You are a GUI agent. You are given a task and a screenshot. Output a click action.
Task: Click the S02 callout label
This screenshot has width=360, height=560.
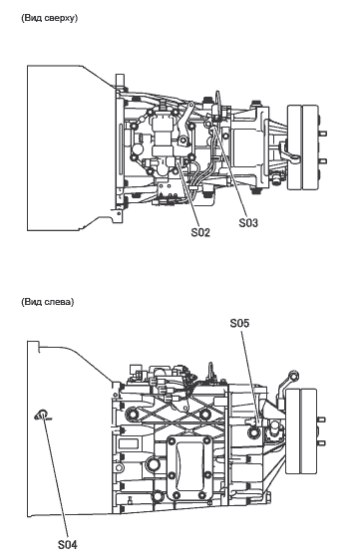click(200, 232)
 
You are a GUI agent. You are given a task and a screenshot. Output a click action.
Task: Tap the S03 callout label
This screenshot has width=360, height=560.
click(248, 223)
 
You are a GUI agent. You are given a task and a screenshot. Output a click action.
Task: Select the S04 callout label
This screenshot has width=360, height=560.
click(68, 545)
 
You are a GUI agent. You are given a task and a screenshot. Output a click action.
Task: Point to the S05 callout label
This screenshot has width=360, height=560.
click(240, 323)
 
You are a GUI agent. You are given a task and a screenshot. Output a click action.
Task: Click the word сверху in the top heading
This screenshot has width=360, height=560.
click(61, 18)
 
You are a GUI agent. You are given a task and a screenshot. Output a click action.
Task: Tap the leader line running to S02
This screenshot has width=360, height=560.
click(188, 194)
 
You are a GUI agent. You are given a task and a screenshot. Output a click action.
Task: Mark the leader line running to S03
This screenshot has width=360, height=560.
click(231, 172)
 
